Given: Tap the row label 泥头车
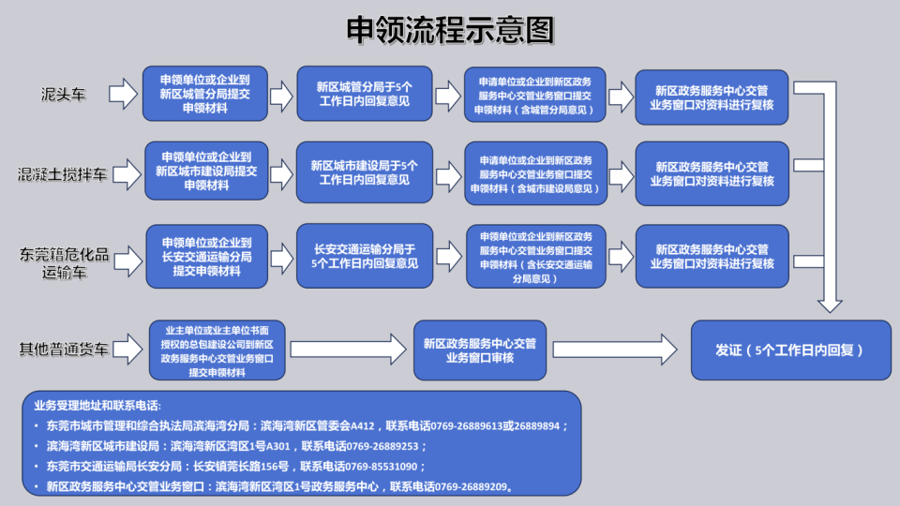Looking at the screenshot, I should pyautogui.click(x=63, y=95).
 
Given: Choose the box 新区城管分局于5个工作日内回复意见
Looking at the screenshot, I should pyautogui.click(x=365, y=94).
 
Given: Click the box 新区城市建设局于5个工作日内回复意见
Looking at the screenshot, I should pyautogui.click(x=365, y=173).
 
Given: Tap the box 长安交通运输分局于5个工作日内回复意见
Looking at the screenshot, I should pyautogui.click(x=365, y=256).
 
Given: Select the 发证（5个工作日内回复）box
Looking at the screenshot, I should pyautogui.click(x=790, y=350).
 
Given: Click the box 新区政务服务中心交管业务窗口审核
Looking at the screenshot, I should pyautogui.click(x=479, y=350).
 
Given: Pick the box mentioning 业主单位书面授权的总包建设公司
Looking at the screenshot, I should pyautogui.click(x=217, y=351).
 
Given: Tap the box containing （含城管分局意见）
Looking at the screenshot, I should pyautogui.click(x=535, y=95).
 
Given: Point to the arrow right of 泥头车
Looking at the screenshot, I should pyautogui.click(x=123, y=94).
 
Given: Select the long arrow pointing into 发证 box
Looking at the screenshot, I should pyautogui.click(x=614, y=350).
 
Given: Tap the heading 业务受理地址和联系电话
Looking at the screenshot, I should pyautogui.click(x=97, y=406).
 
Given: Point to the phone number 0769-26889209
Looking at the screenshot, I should pyautogui.click(x=472, y=486).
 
